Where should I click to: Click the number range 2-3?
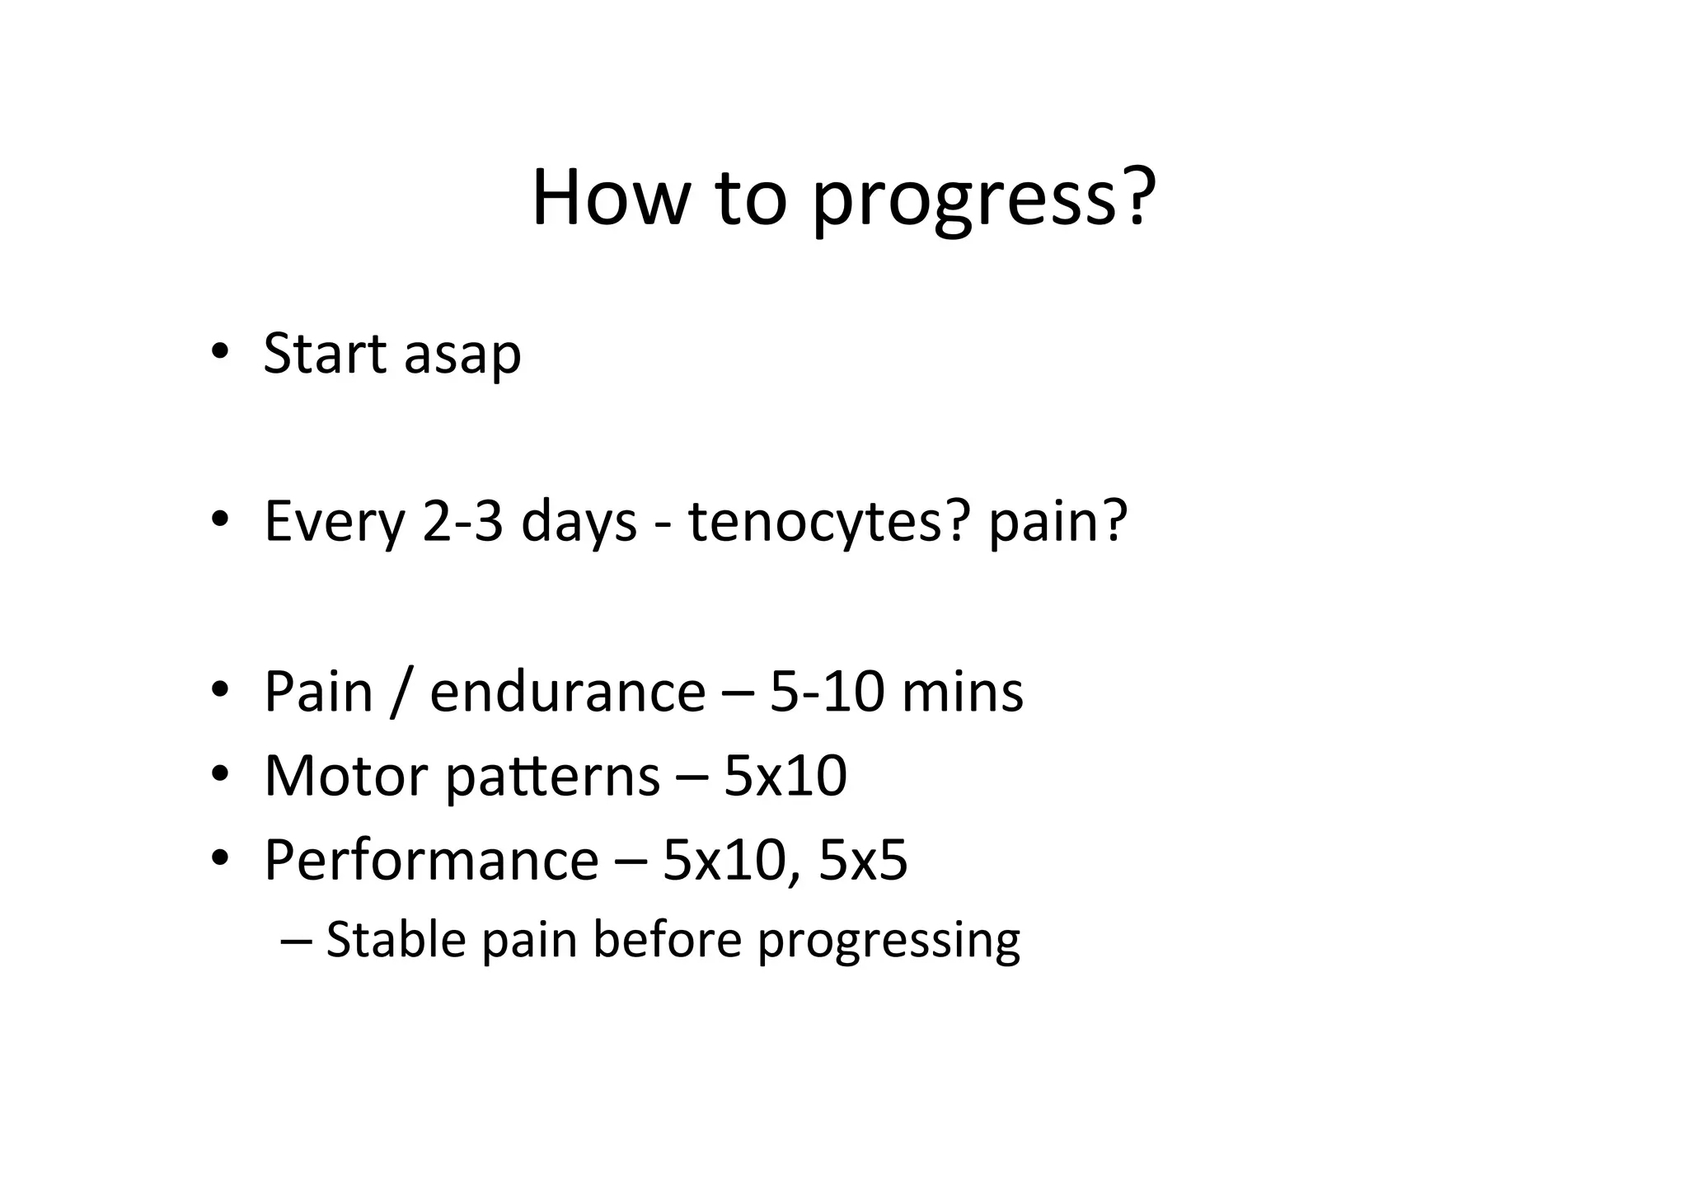click(462, 521)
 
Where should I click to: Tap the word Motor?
click(346, 776)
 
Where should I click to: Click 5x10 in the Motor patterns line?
click(785, 776)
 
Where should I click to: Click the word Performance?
click(430, 860)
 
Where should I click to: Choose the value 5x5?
click(863, 860)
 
